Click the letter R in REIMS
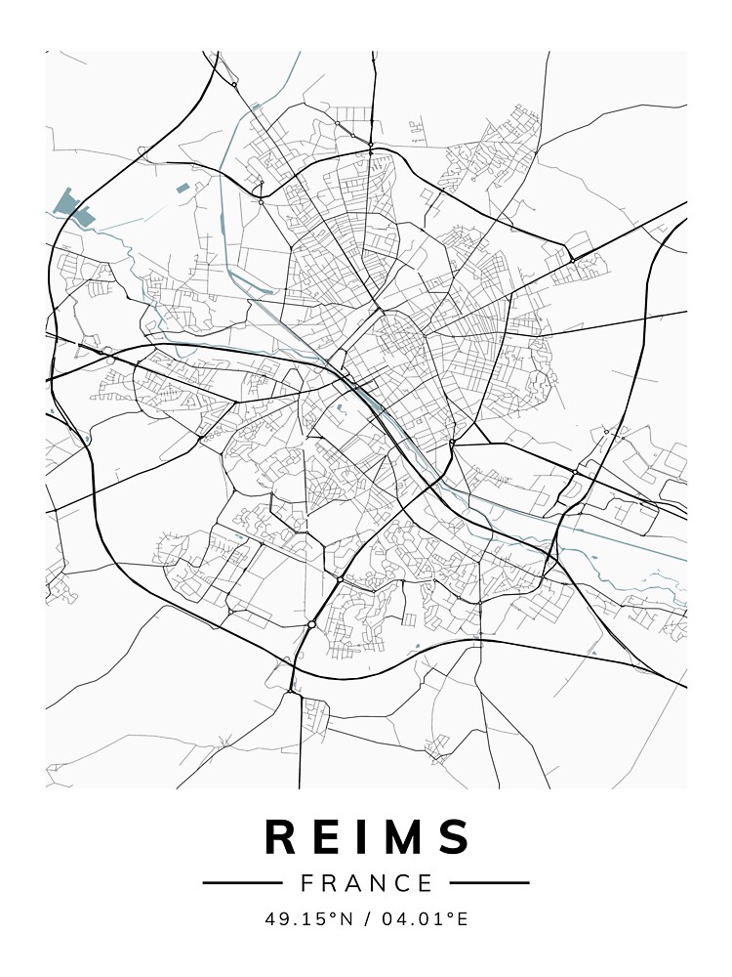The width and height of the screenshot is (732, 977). pos(283,838)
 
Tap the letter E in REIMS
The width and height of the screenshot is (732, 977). pos(331,838)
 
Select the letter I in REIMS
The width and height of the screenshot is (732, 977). pos(367,838)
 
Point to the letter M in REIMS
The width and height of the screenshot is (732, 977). pos(407,838)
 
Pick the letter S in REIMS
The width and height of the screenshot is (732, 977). pos(455,838)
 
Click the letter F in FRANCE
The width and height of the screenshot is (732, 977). pos(307,883)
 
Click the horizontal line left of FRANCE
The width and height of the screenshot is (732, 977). pos(242,883)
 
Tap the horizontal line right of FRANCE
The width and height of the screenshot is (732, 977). pos(490,883)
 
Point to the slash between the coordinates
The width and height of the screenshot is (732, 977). pos(366,919)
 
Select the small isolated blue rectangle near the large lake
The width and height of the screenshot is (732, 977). pos(183,188)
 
